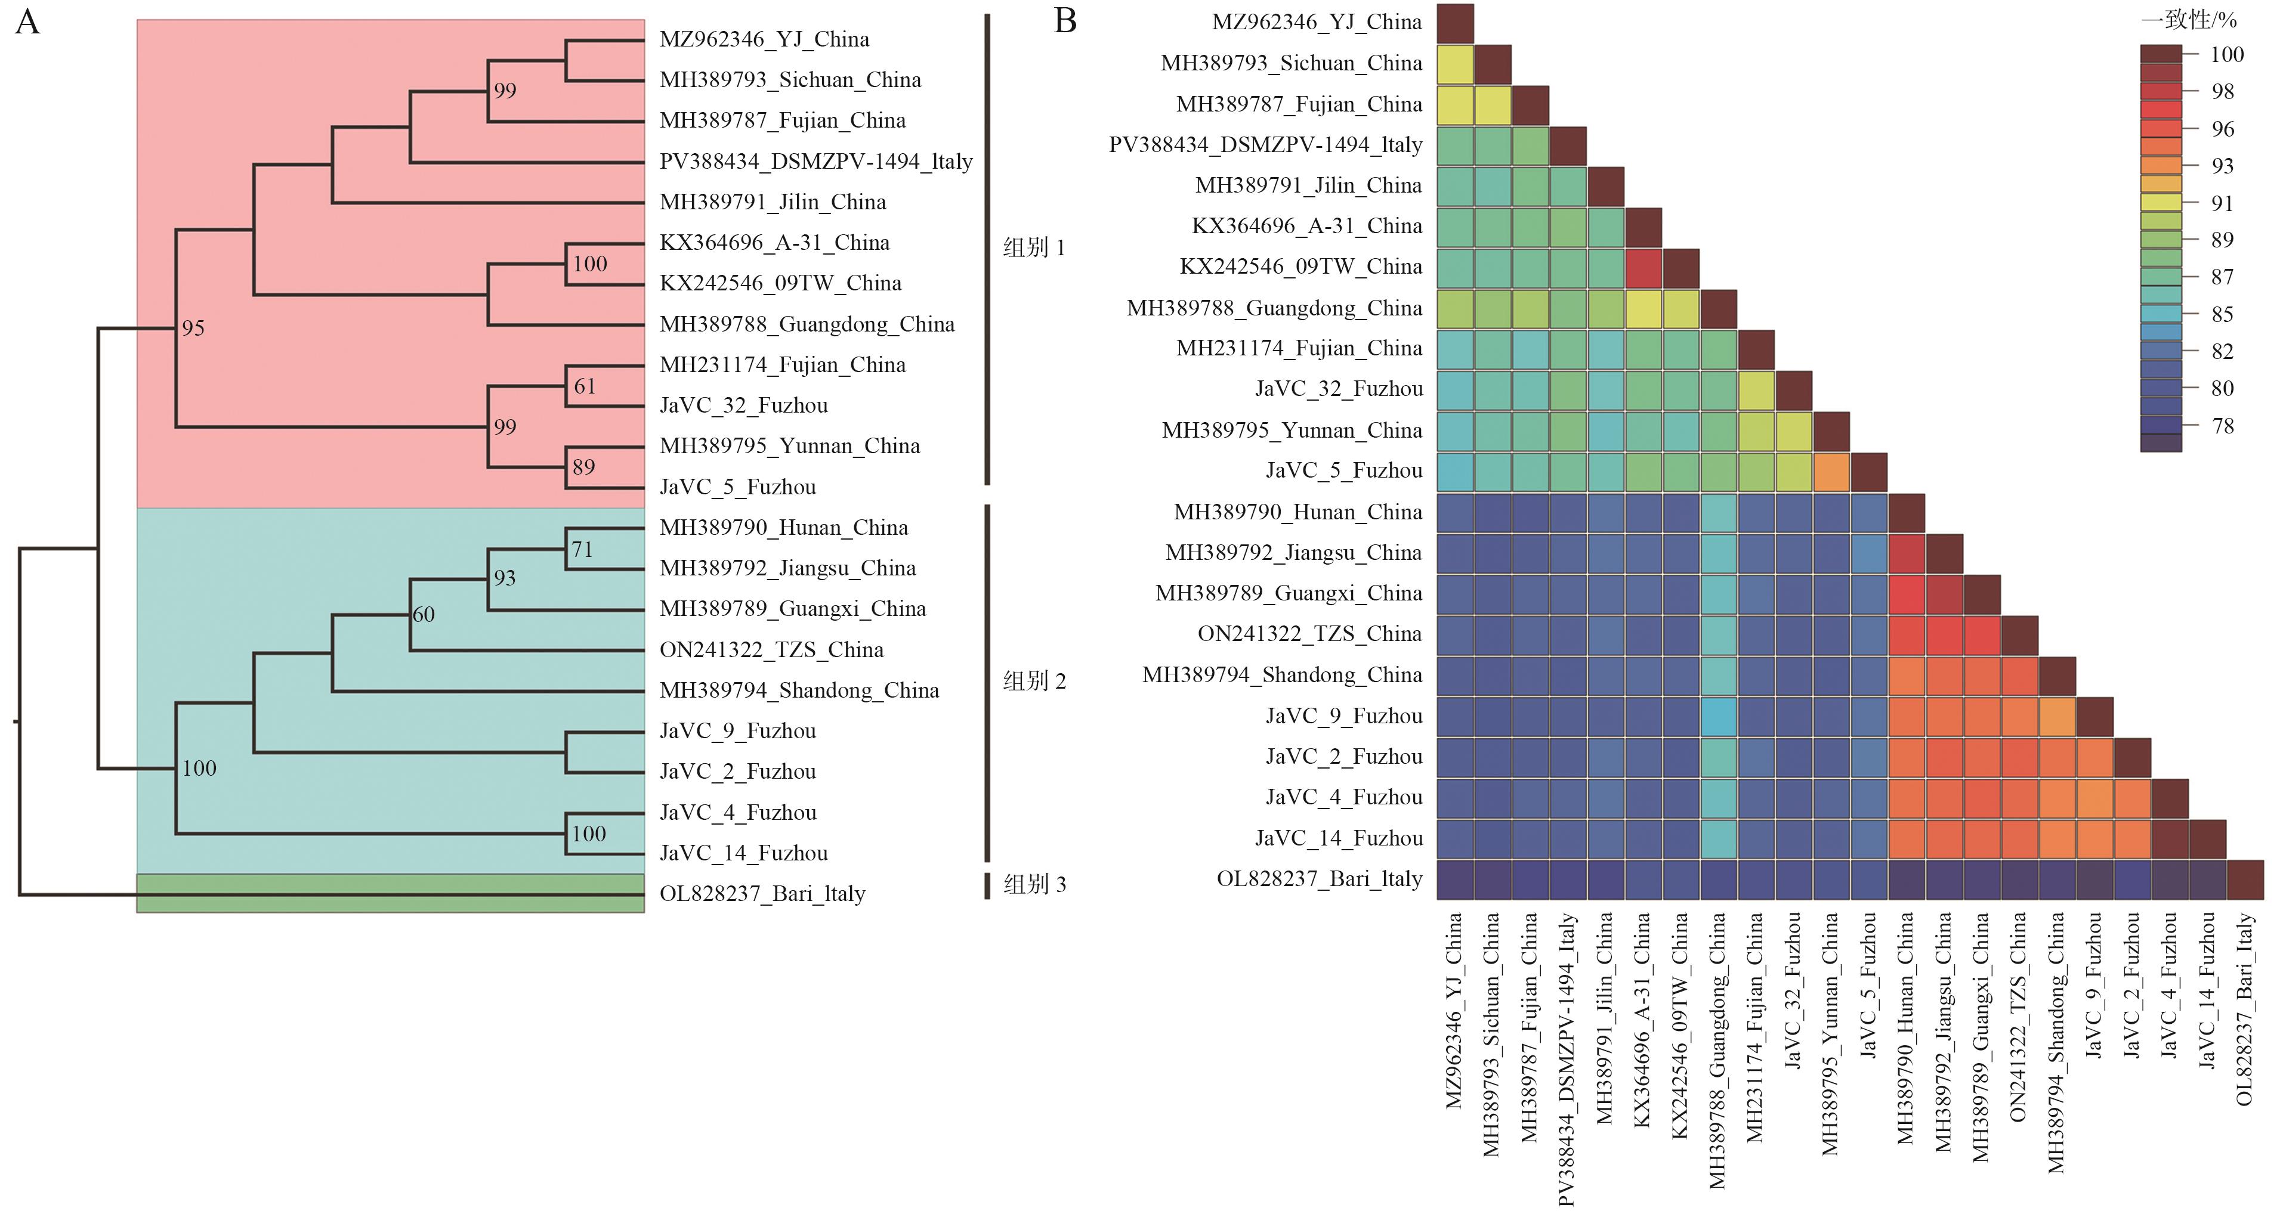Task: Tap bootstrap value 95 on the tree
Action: tap(193, 329)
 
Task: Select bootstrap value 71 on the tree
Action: tap(582, 549)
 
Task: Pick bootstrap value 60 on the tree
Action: tap(424, 615)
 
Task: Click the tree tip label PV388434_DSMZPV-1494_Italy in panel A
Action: tap(815, 161)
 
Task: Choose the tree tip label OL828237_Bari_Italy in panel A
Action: tap(762, 893)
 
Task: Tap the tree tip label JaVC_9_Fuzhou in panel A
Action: tap(737, 731)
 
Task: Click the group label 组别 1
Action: tap(1033, 248)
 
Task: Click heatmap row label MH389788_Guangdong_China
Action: tap(1274, 308)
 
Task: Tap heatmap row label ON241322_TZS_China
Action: tap(1309, 634)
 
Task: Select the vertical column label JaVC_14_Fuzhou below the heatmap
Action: tap(2207, 990)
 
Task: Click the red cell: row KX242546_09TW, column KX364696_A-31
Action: tap(1643, 268)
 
